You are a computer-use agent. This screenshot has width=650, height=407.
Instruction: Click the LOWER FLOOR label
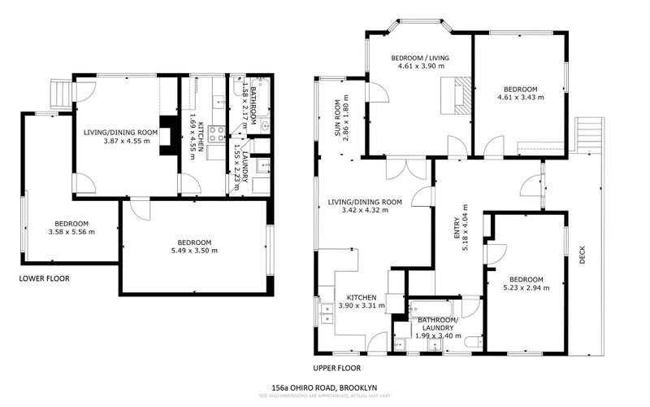pos(45,278)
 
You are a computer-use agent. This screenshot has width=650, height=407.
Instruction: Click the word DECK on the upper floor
pos(583,256)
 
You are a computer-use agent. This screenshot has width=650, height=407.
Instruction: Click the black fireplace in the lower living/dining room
pos(169,135)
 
